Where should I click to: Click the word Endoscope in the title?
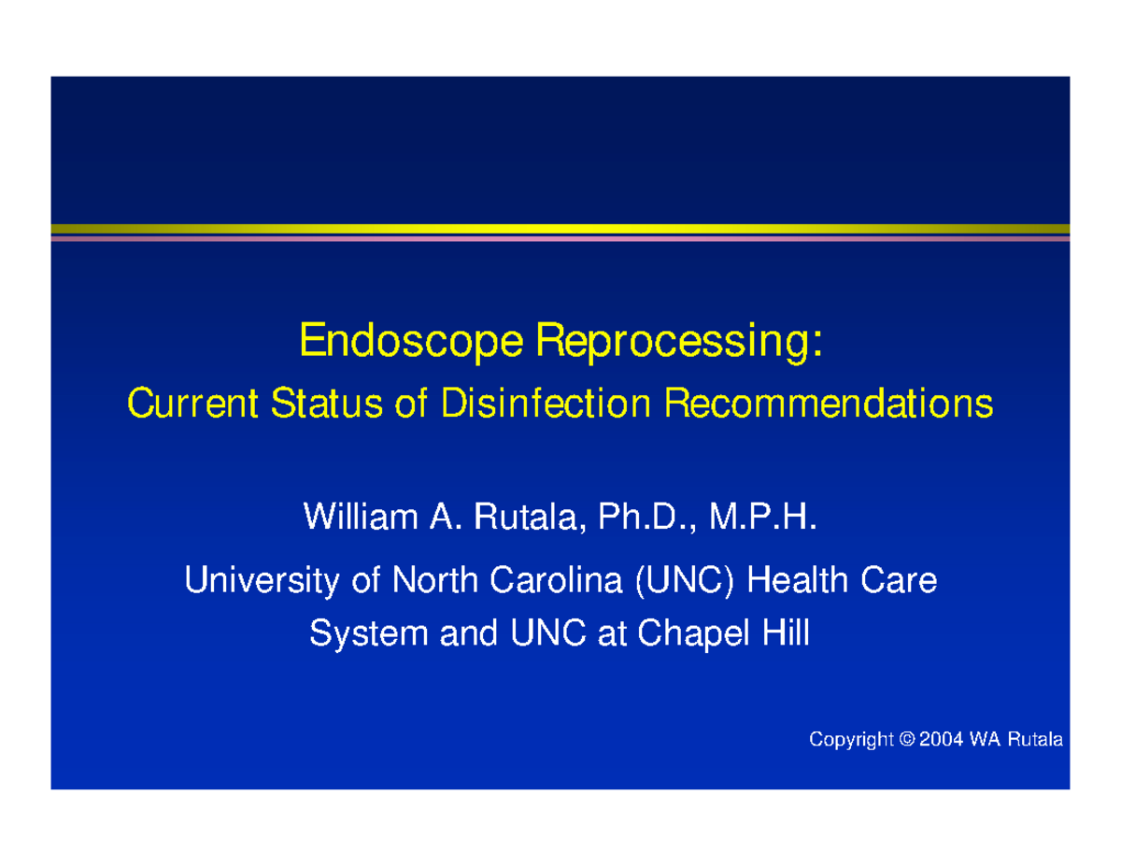click(x=411, y=341)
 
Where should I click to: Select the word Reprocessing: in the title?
click(x=679, y=341)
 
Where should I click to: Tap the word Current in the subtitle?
click(x=192, y=404)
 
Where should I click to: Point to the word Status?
click(x=327, y=404)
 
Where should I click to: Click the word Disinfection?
click(x=546, y=404)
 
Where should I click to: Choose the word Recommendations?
click(x=829, y=404)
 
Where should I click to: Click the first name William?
click(x=361, y=517)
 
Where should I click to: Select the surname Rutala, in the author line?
click(x=531, y=518)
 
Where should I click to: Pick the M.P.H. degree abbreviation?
click(x=763, y=517)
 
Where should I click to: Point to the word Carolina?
click(x=556, y=580)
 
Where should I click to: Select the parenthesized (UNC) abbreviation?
click(x=685, y=581)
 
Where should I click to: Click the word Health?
click(x=797, y=580)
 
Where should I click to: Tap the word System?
click(x=369, y=635)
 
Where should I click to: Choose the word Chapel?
click(x=693, y=635)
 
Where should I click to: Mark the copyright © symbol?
click(x=907, y=739)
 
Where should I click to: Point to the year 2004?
click(x=942, y=739)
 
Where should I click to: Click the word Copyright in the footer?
click(x=851, y=740)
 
